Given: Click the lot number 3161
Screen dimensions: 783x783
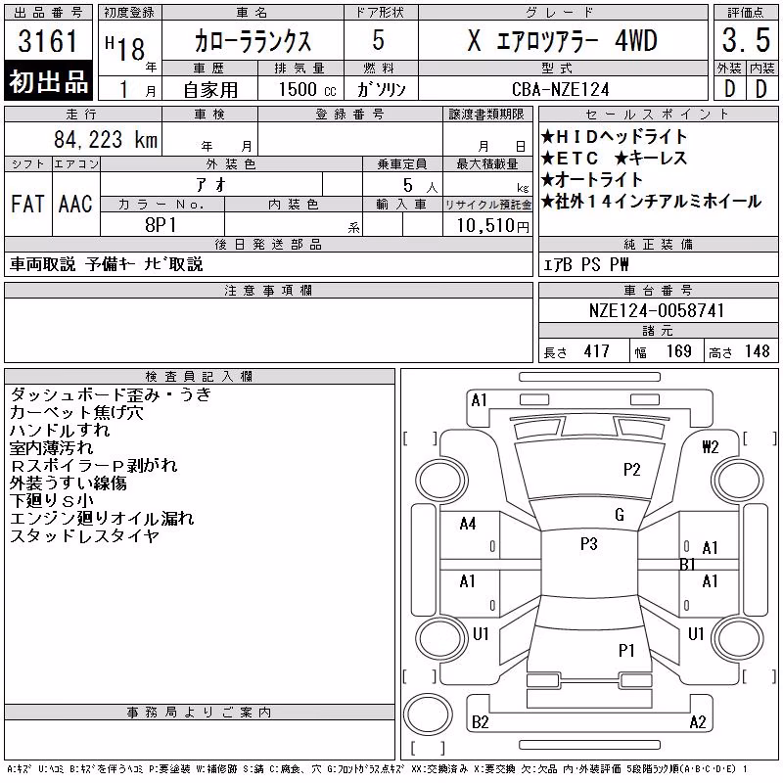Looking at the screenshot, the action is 48,41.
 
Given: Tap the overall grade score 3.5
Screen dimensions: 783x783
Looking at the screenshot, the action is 746,40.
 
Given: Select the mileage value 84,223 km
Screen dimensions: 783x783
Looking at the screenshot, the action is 106,139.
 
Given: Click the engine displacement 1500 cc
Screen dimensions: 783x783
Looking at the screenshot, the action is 307,90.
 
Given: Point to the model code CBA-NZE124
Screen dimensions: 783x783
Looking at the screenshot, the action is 561,89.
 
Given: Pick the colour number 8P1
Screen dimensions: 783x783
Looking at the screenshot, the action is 161,225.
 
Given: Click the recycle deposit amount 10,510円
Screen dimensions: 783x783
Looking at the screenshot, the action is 492,226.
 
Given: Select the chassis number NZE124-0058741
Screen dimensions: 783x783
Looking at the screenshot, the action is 657,310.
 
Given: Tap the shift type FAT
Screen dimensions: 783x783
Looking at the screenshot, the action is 27,204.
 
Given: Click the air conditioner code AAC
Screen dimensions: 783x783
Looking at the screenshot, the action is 75,204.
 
